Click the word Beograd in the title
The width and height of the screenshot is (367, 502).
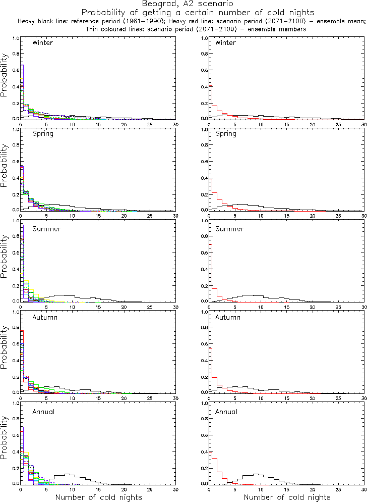pyautogui.click(x=157, y=4)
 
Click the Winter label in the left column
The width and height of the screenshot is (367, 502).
pyautogui.click(x=42, y=42)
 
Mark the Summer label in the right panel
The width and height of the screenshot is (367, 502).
pyautogui.click(x=229, y=229)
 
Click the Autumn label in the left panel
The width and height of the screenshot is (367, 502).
pyautogui.click(x=45, y=318)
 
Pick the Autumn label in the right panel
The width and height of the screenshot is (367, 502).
pyautogui.click(x=228, y=318)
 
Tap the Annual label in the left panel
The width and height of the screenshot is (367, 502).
pyautogui.click(x=44, y=412)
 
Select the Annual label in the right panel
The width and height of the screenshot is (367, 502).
pyautogui.click(x=227, y=412)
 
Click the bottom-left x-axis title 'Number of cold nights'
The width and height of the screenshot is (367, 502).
pyautogui.click(x=98, y=497)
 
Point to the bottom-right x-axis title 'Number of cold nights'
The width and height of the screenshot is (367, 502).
pyautogui.click(x=287, y=497)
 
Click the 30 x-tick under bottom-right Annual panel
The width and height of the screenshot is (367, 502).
pyautogui.click(x=364, y=489)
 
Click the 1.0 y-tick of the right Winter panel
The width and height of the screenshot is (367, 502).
pyautogui.click(x=204, y=38)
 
